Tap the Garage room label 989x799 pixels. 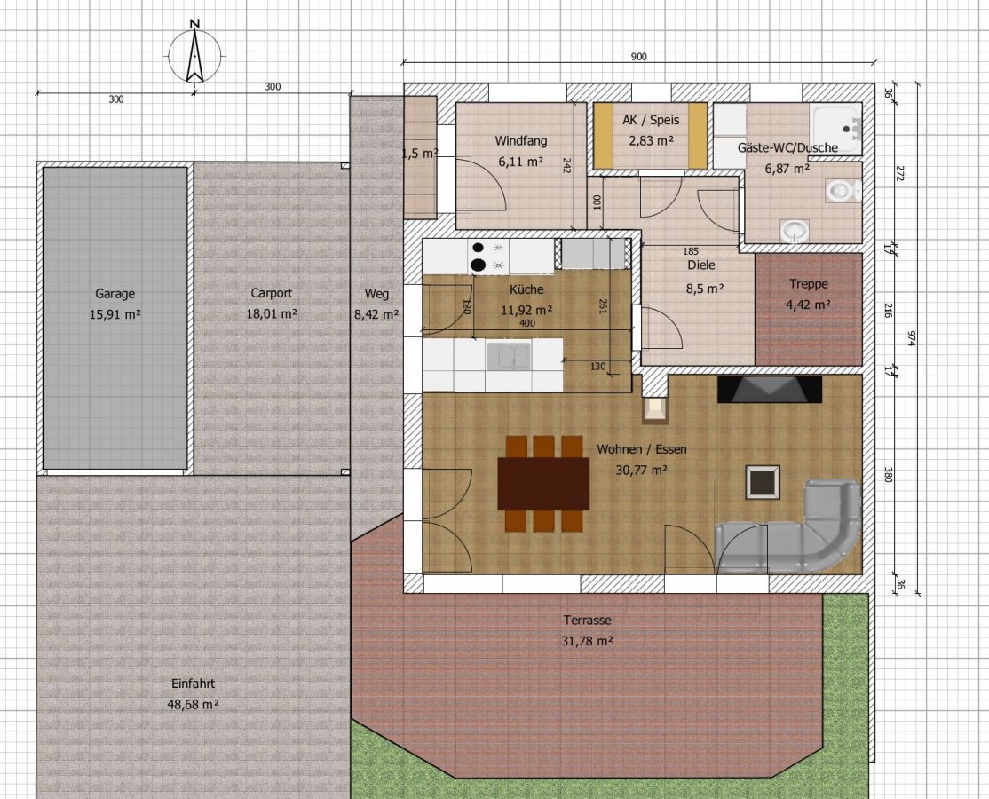click(115, 293)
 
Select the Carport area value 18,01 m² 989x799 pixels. click(272, 313)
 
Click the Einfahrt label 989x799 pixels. click(193, 684)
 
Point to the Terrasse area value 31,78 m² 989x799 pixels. click(587, 641)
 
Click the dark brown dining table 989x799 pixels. click(543, 484)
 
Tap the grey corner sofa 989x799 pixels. click(788, 526)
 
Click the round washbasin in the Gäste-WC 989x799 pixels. click(794, 230)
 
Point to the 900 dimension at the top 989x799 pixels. click(639, 57)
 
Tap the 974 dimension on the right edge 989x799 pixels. click(912, 339)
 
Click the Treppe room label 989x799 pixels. click(808, 284)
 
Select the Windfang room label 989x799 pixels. click(521, 140)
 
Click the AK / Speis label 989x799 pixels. click(651, 120)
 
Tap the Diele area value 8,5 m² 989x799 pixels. click(705, 289)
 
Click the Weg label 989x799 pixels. click(376, 293)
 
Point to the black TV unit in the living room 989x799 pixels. click(770, 389)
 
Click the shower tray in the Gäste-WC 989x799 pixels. click(835, 127)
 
